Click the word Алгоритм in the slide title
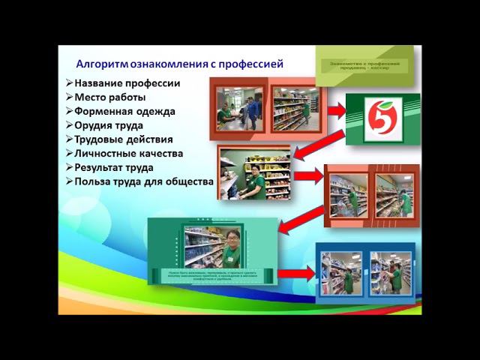[x=103, y=64]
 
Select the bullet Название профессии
[x=127, y=82]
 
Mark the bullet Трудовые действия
[x=123, y=139]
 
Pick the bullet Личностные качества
[x=128, y=154]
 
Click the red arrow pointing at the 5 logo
[x=335, y=111]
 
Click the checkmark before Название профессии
[x=69, y=82]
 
